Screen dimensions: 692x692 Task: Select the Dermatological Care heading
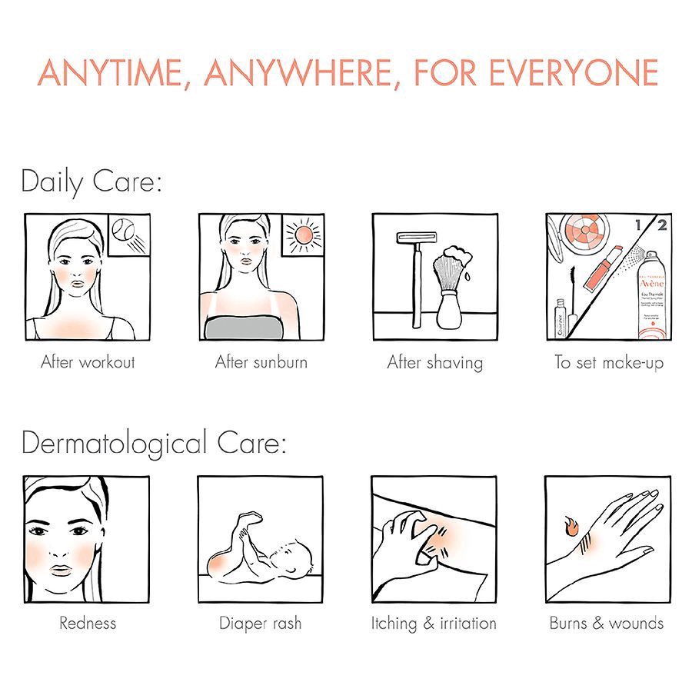pyautogui.click(x=154, y=444)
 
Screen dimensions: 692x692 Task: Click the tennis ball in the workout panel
pyautogui.click(x=128, y=232)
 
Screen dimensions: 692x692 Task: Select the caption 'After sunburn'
pyautogui.click(x=261, y=361)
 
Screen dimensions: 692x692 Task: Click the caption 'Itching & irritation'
pyautogui.click(x=434, y=623)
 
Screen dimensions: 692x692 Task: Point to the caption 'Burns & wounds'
pyautogui.click(x=607, y=623)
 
